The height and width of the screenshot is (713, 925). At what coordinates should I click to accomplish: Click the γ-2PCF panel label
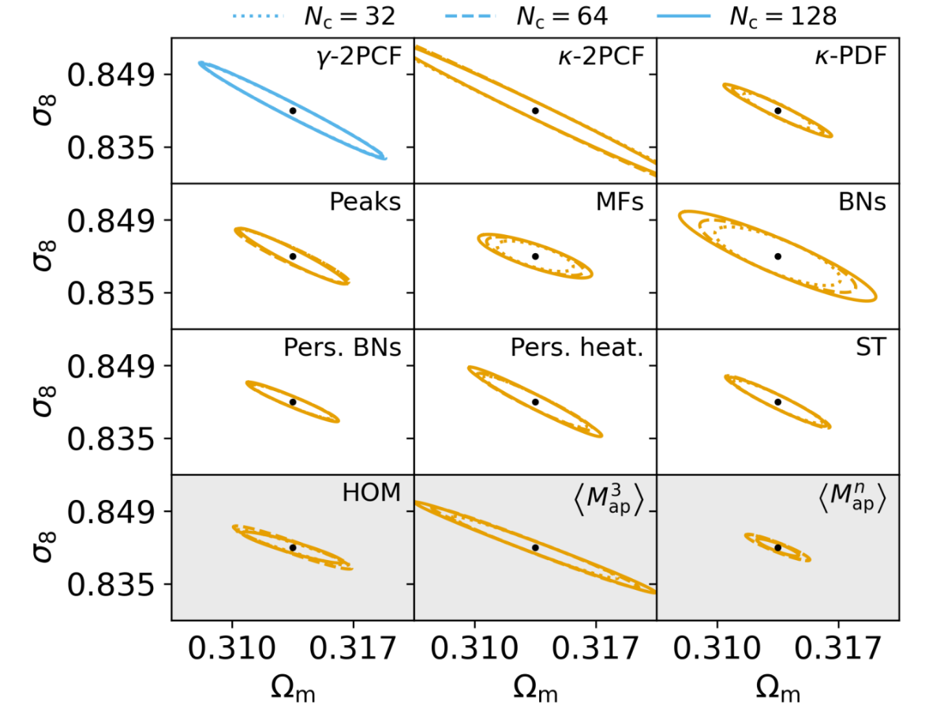[x=355, y=56]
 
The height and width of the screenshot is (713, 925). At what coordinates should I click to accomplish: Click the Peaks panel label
[x=364, y=203]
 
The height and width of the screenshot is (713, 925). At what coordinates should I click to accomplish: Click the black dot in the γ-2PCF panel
[x=293, y=110]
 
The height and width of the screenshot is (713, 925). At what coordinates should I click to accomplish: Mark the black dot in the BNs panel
[x=778, y=256]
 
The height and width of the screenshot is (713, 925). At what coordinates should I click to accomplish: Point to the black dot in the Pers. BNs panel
[x=293, y=401]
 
